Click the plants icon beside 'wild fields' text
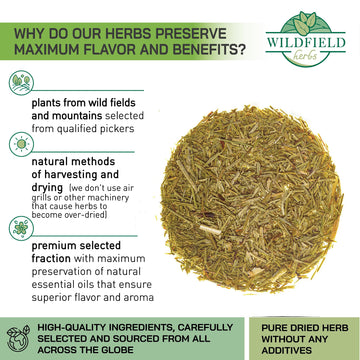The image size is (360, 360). (x=20, y=80)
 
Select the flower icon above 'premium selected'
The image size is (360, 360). (x=20, y=227)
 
